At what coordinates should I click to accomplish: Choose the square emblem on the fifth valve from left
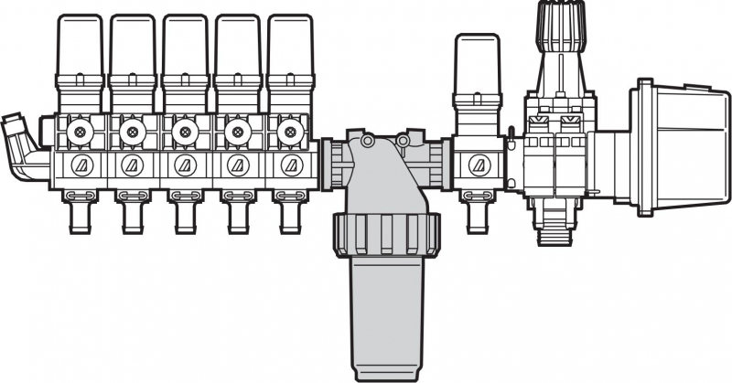click(291, 165)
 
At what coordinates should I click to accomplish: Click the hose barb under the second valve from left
click(133, 214)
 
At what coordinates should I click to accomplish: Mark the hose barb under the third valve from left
click(186, 214)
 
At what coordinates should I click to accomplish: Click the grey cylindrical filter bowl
click(385, 311)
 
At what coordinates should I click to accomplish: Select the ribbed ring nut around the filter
click(385, 234)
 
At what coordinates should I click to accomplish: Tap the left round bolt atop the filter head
click(367, 141)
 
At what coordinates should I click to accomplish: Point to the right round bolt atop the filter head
click(402, 141)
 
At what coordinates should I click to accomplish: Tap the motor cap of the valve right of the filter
click(478, 64)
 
